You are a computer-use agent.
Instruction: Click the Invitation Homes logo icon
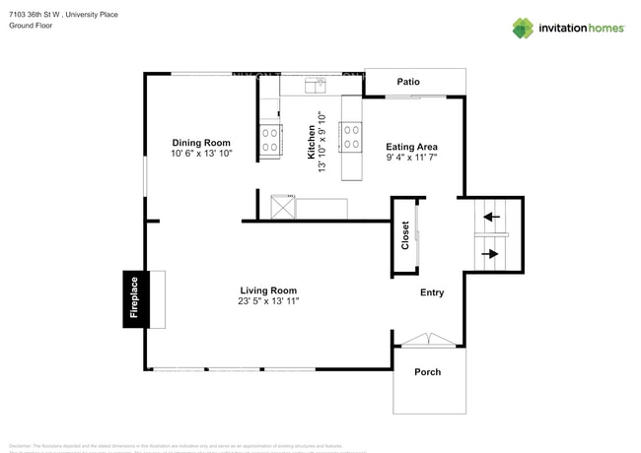[x=523, y=28]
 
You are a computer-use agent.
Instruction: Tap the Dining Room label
[x=201, y=142]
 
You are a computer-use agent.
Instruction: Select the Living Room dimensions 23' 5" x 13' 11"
[x=268, y=302]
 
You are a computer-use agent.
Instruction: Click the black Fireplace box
[x=135, y=298]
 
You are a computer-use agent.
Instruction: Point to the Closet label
[x=404, y=234]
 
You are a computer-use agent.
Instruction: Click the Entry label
[x=432, y=292]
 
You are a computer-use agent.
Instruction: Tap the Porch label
[x=427, y=372]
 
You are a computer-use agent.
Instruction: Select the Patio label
[x=409, y=82]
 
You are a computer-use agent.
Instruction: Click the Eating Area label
[x=411, y=146]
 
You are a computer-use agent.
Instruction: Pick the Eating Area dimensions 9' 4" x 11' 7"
[x=411, y=158]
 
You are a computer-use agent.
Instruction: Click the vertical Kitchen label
[x=312, y=143]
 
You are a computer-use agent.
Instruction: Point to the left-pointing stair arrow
[x=491, y=216]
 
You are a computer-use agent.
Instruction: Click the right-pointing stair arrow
[x=491, y=253]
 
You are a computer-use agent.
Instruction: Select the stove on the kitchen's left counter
[x=270, y=141]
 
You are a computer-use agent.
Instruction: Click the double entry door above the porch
[x=427, y=340]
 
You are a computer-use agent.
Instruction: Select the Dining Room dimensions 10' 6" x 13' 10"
[x=201, y=154]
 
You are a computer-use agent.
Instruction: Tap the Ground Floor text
[x=30, y=26]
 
